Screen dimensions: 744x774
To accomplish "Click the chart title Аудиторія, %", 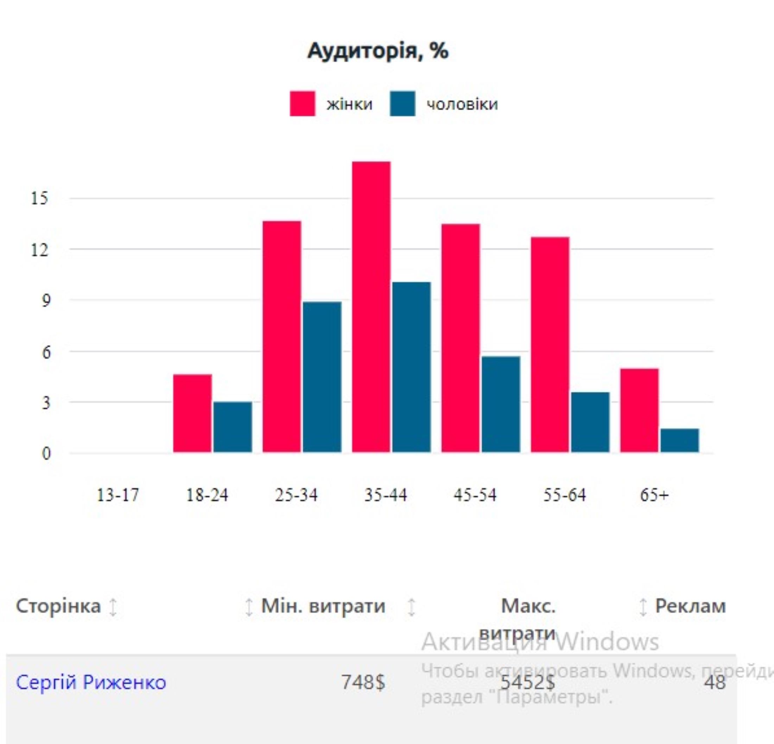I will (378, 51).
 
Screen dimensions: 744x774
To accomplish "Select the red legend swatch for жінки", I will (303, 104).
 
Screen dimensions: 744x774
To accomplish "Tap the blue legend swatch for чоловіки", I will (402, 104).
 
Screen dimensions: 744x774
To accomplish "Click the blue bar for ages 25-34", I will (322, 377).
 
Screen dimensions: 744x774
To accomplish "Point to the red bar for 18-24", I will (192, 413).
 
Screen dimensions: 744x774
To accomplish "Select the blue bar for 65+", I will (680, 440).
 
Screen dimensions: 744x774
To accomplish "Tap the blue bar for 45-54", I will (501, 404).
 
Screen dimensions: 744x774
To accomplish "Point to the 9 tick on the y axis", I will (46, 300).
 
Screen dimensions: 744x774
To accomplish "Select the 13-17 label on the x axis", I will (118, 495).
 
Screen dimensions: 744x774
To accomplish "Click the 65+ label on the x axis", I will (654, 495).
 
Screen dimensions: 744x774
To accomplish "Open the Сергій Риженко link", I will (91, 682).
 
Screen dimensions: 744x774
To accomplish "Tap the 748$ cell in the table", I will (362, 682).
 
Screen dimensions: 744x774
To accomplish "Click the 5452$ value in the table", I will (527, 682).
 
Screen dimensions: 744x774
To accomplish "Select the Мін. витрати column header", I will (323, 606).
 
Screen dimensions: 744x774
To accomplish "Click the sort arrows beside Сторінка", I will (113, 607).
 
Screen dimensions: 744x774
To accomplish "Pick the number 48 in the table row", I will (715, 682).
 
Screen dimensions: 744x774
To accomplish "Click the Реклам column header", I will (690, 606).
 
